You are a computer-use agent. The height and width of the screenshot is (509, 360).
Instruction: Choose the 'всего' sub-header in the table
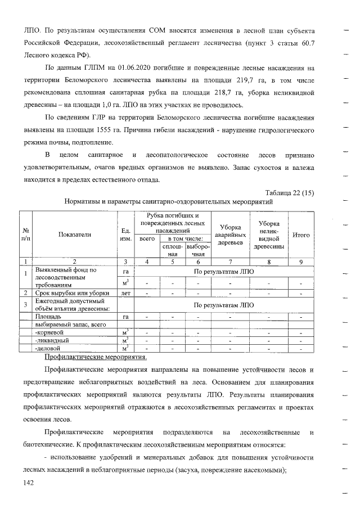coord(147,238)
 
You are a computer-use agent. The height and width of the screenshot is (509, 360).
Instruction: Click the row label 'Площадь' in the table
coord(47,317)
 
